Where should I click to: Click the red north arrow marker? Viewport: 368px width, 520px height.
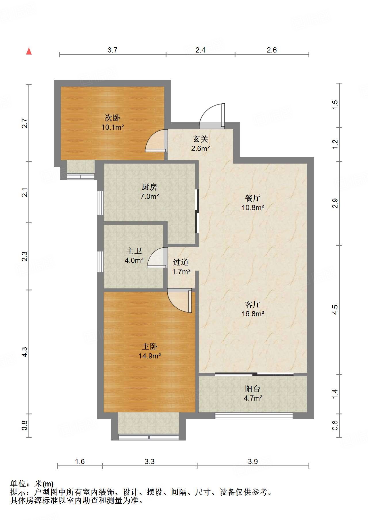point(29,51)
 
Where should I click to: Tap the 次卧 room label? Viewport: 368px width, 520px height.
point(112,118)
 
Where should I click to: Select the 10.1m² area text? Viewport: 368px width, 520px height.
point(112,127)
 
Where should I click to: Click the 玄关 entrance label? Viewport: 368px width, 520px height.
point(200,139)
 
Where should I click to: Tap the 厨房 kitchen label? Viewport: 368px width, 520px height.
point(149,187)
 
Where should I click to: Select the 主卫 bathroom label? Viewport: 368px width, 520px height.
point(134,251)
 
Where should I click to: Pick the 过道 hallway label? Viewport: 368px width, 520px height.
point(181,262)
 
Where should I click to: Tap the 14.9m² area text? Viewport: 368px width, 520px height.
point(149,356)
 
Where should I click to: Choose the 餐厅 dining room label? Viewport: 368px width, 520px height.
point(253,198)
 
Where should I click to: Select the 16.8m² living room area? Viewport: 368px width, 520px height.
point(253,314)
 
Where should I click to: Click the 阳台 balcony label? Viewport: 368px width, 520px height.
point(253,389)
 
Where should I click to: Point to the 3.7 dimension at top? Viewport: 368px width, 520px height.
point(112,50)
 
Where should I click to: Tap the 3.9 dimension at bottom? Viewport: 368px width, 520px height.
point(253,461)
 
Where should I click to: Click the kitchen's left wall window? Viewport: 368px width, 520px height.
point(100,203)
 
